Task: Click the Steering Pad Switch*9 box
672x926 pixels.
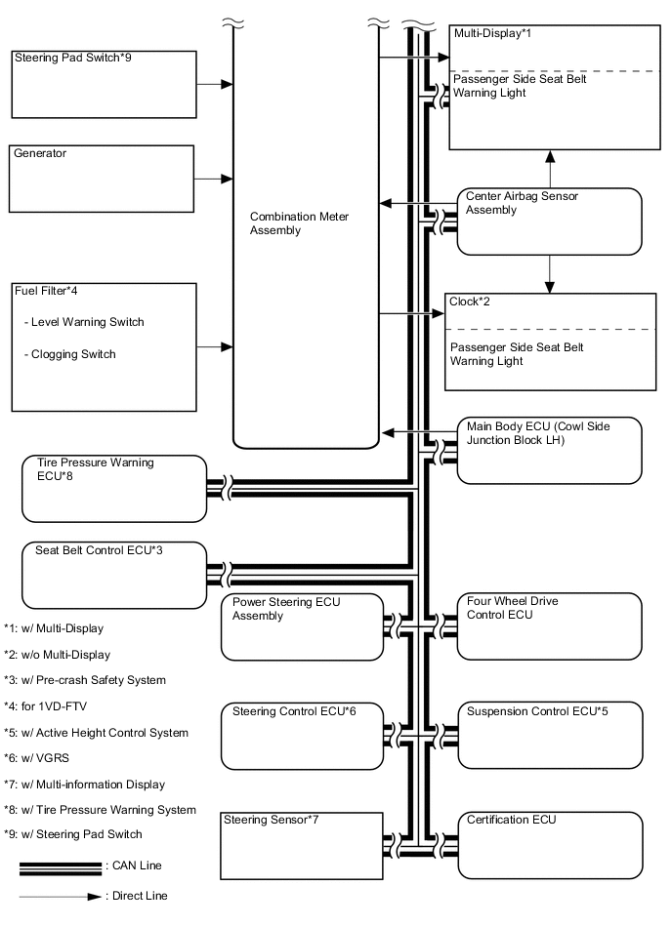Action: click(x=103, y=84)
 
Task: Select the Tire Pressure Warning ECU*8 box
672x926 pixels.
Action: click(x=114, y=487)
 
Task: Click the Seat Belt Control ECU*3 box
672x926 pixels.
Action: click(x=114, y=574)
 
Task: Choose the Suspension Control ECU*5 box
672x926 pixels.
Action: click(x=550, y=733)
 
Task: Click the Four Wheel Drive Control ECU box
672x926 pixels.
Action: click(x=550, y=625)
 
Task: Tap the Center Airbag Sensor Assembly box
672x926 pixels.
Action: click(x=550, y=221)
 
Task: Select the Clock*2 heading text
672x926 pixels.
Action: click(x=471, y=302)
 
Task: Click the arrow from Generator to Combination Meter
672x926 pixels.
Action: click(x=214, y=180)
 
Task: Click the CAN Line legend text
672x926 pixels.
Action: click(x=135, y=866)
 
